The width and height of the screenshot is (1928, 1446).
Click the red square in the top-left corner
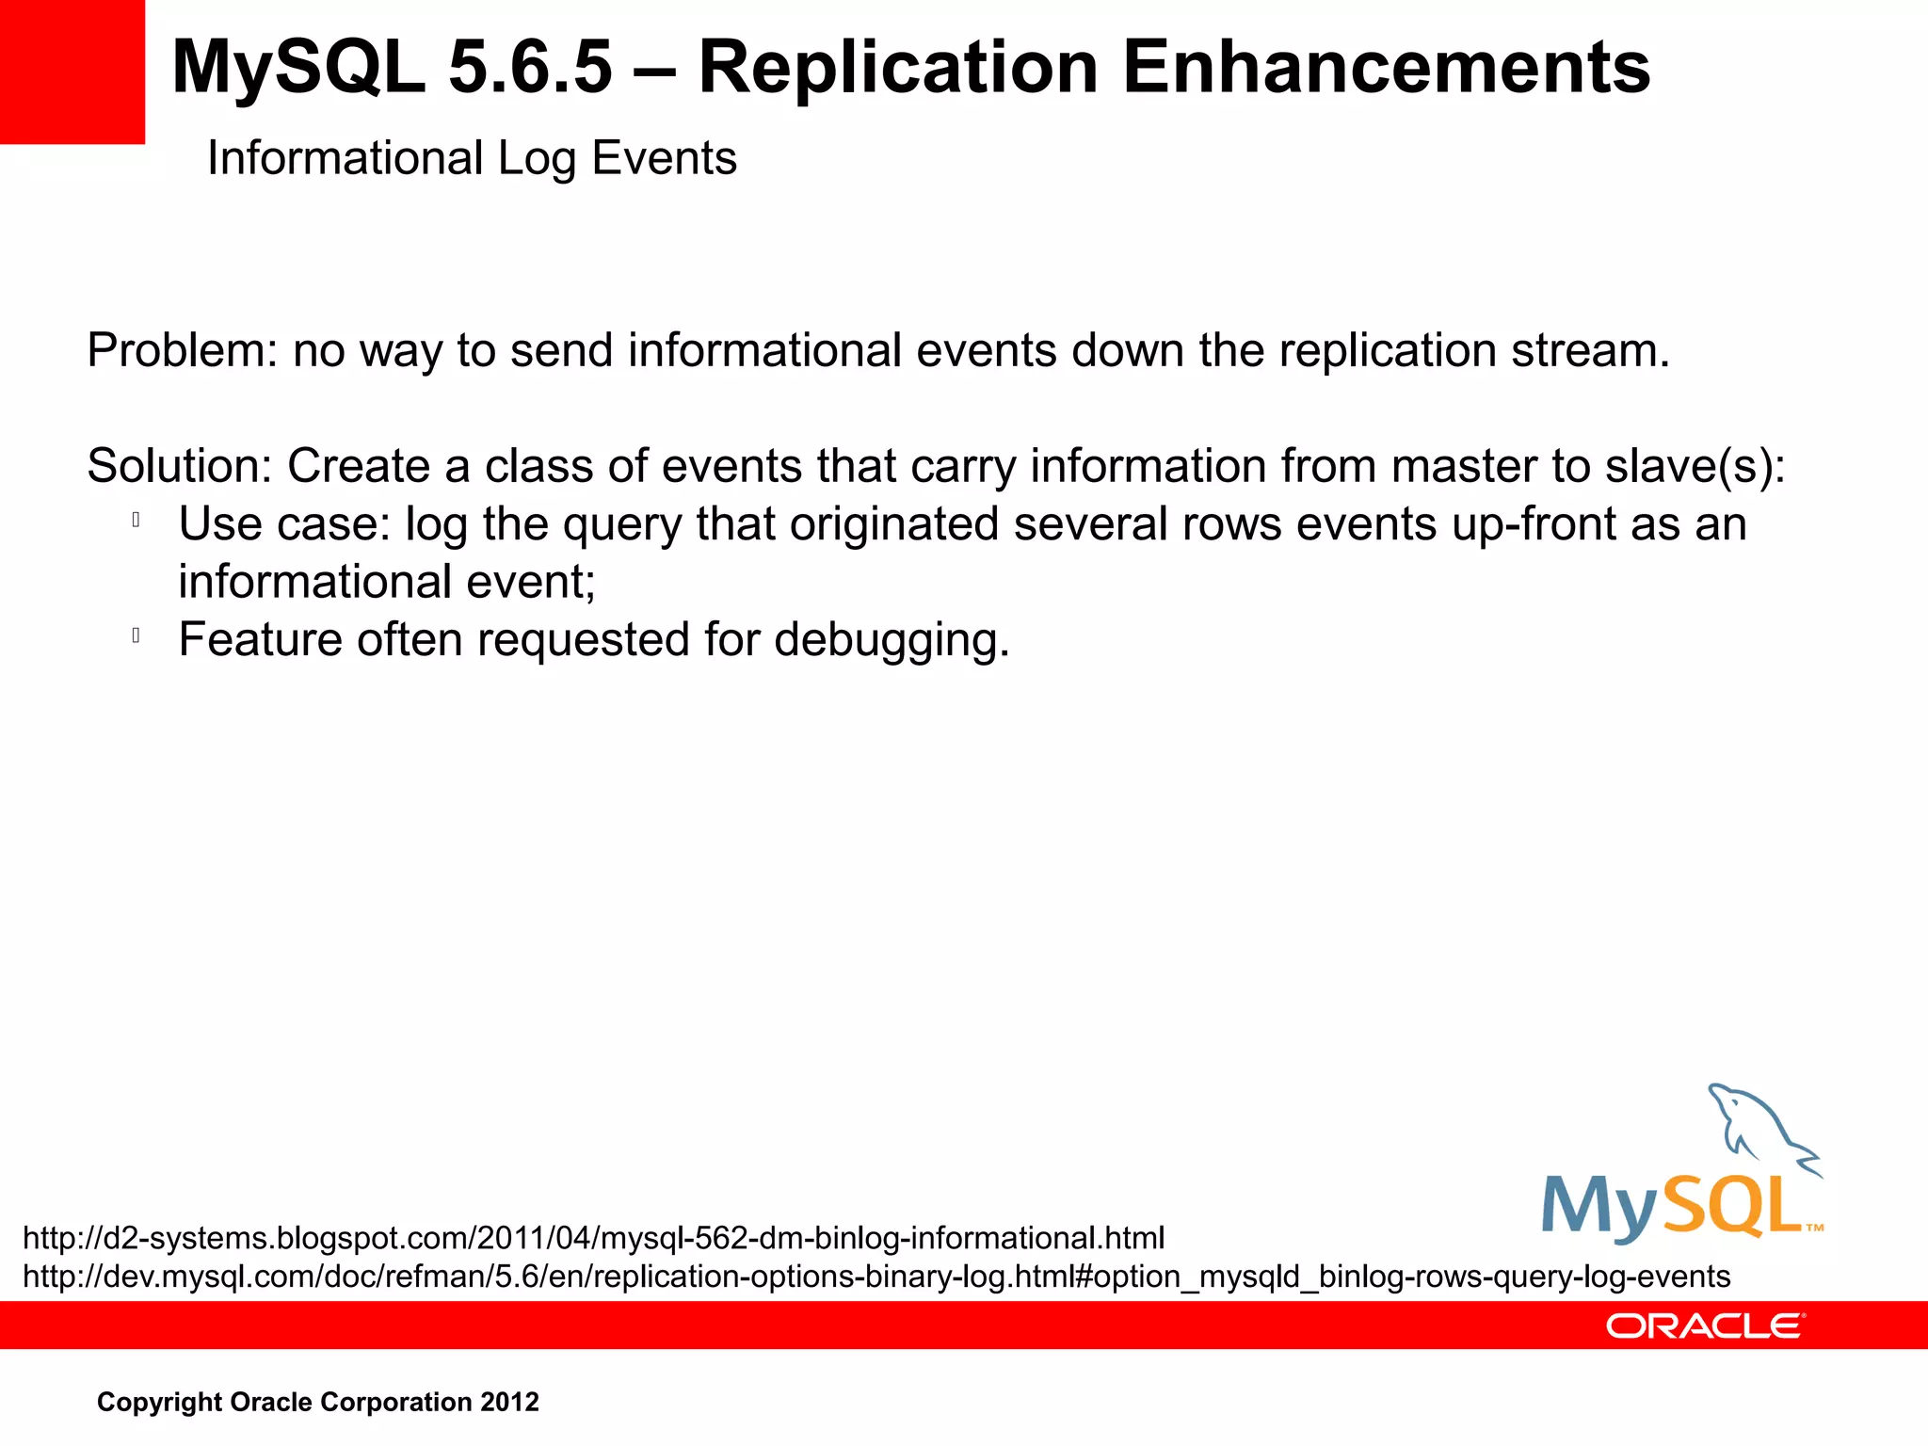pyautogui.click(x=72, y=72)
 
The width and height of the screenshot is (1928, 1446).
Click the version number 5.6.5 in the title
pyautogui.click(x=530, y=68)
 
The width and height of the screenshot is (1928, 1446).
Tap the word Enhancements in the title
pyautogui.click(x=1386, y=68)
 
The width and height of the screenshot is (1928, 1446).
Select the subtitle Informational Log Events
pyautogui.click(x=472, y=158)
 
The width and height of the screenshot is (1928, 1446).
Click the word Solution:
pyautogui.click(x=179, y=466)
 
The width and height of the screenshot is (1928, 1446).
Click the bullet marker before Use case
pyautogui.click(x=137, y=520)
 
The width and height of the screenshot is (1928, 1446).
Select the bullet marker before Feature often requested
pyautogui.click(x=137, y=635)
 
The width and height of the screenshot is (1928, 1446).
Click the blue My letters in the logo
pyautogui.click(x=1598, y=1207)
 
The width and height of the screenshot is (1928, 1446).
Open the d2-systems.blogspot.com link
pyautogui.click(x=593, y=1238)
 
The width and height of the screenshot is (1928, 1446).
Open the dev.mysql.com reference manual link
pyautogui.click(x=876, y=1277)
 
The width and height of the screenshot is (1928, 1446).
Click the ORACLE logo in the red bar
pyautogui.click(x=1705, y=1326)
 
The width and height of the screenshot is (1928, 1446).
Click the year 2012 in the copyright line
pyautogui.click(x=509, y=1402)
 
